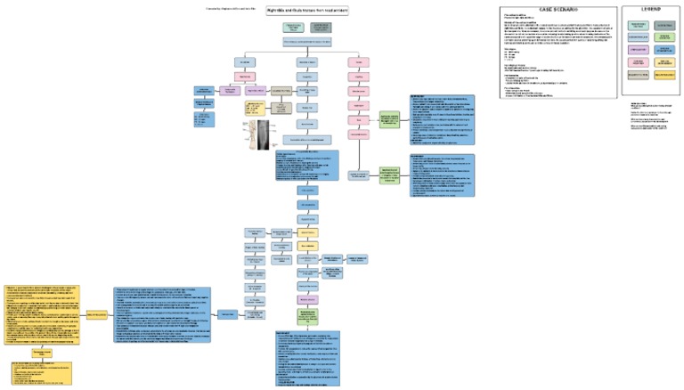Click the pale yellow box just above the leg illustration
(256, 110)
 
